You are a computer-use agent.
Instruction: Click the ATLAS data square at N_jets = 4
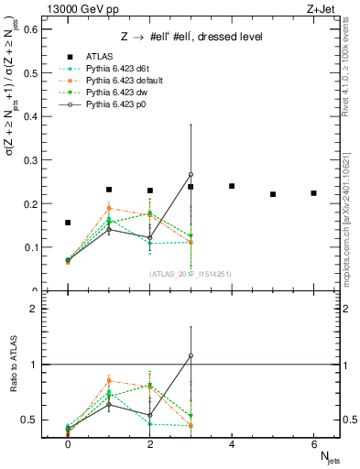click(x=232, y=186)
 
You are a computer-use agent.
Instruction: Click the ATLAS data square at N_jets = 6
click(x=313, y=193)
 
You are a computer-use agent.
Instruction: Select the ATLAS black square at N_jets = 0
click(x=68, y=223)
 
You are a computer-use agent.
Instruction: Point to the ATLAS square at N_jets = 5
click(x=273, y=194)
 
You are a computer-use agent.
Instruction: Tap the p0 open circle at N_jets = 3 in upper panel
click(x=191, y=174)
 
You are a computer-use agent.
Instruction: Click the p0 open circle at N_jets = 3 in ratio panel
click(x=191, y=355)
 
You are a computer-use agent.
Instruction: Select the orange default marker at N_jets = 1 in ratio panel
click(x=109, y=380)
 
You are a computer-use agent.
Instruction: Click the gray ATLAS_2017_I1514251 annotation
click(x=191, y=273)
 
